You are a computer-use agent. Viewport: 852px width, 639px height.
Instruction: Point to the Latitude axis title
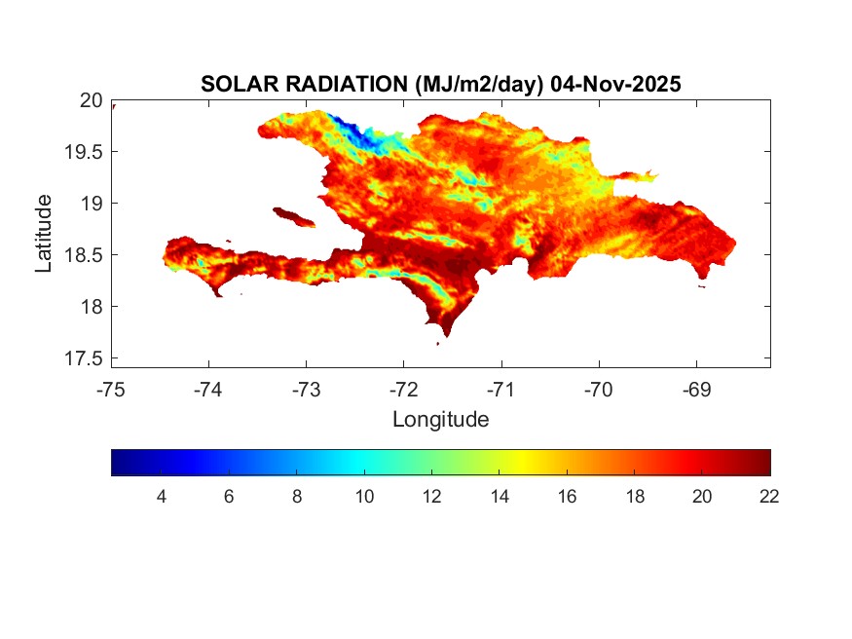coord(44,233)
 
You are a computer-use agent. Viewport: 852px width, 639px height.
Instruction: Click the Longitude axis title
coord(440,420)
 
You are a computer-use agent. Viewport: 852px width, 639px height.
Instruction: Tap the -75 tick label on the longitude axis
coord(112,390)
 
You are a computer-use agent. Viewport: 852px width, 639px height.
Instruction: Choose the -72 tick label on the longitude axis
coord(404,390)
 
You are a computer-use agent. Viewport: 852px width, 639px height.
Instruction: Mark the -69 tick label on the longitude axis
coord(696,390)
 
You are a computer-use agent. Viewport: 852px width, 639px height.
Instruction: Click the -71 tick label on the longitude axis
coord(501,390)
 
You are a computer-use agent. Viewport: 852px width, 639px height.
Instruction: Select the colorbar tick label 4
coord(161,497)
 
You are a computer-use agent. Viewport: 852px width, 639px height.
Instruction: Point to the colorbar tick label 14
coord(500,497)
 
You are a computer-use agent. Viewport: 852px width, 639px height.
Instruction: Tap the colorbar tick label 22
coord(769,497)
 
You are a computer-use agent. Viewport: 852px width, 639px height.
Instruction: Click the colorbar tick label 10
coord(364,497)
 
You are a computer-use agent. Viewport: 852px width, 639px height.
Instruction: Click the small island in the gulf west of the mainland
coord(293,216)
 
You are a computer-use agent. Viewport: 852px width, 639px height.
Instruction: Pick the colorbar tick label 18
coord(635,497)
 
